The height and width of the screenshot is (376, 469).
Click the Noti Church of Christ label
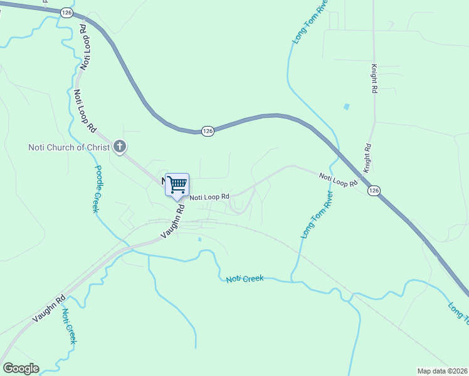68,148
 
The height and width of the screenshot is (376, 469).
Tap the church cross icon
120,147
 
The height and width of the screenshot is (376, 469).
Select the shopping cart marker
177,184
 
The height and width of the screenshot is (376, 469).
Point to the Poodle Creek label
98,189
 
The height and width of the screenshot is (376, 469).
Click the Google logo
21,368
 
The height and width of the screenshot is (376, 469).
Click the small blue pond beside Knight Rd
346,107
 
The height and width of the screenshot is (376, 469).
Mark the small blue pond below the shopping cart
199,239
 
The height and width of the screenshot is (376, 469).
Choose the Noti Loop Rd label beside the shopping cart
209,197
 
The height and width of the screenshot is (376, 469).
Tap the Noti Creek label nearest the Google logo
70,326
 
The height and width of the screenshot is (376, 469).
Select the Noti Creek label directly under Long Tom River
245,278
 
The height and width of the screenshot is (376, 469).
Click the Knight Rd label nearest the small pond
374,78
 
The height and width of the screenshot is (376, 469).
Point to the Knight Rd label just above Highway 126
368,159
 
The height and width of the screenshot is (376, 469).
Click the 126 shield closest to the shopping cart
208,130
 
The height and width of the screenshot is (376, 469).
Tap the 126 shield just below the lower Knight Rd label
374,191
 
